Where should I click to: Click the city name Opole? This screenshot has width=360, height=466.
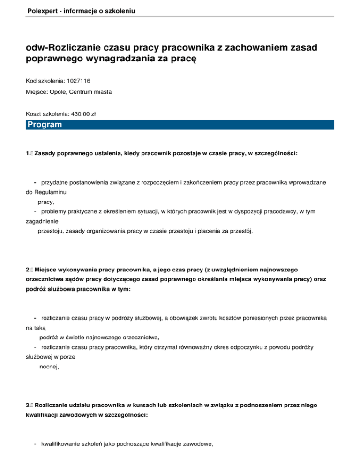(57, 92)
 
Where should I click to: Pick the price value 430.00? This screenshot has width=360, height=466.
(78, 113)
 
